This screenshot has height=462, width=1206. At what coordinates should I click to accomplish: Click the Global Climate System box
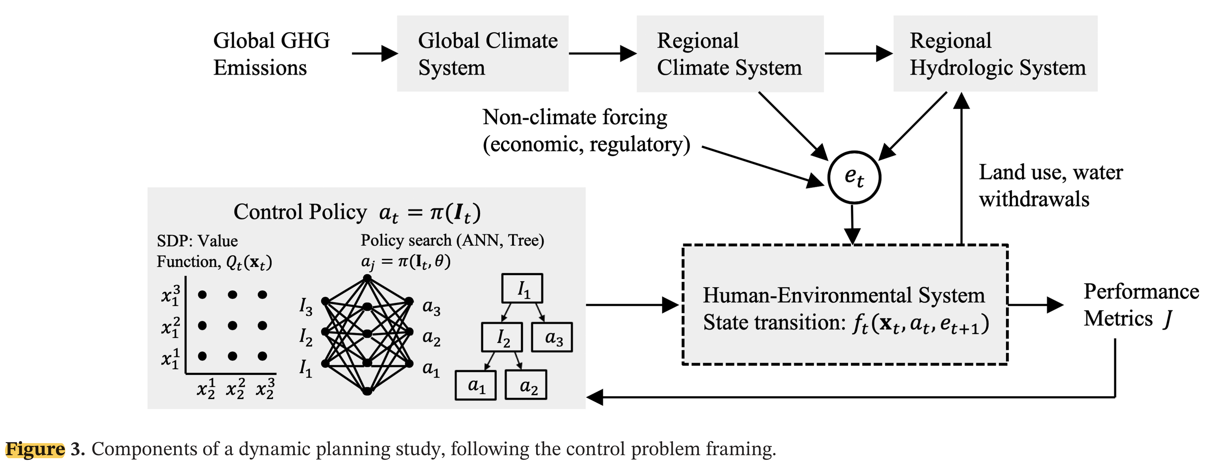[x=483, y=53]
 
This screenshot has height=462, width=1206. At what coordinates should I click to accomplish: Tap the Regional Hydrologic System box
[x=995, y=53]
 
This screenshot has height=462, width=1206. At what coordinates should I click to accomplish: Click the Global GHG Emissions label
[x=271, y=53]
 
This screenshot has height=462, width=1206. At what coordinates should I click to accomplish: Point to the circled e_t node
[x=854, y=177]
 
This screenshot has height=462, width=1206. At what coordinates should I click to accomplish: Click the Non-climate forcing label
[x=586, y=130]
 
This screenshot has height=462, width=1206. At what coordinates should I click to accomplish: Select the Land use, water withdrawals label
[x=1050, y=185]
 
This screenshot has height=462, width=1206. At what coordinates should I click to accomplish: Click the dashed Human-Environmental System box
[x=845, y=305]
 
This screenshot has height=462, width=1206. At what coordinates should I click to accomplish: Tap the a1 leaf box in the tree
[x=476, y=385]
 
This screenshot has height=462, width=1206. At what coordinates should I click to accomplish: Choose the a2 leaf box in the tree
[x=526, y=385]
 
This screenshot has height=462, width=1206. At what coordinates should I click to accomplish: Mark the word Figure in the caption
[x=35, y=449]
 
